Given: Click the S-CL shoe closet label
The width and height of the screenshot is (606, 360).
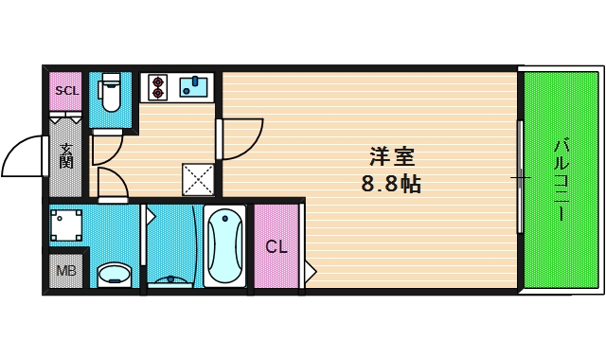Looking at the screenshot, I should pos(66,91).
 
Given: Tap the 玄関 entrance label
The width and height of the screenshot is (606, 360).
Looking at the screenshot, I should pos(67,154).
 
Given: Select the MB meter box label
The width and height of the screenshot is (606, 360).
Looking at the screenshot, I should pos(66,272).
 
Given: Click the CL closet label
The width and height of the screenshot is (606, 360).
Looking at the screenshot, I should pos(276,248).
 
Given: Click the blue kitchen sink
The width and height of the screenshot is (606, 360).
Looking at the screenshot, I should pos(193,87).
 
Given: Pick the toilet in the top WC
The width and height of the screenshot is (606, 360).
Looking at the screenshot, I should pos(111,99).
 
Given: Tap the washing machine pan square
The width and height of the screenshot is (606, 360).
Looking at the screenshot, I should pos(66,225).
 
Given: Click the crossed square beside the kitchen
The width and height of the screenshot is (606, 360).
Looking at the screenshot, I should pos(198,178).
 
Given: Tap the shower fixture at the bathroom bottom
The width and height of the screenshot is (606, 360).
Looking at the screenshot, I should pos(171,279).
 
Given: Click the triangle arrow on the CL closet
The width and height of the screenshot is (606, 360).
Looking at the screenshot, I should pos(310,273).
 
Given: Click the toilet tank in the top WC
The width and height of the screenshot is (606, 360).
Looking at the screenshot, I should pos(111,79).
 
